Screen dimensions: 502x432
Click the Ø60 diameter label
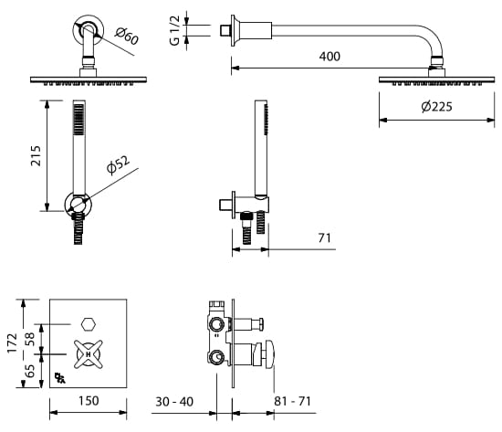tap(127, 37)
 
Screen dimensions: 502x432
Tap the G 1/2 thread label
tap(174, 30)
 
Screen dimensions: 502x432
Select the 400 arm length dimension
tap(329, 57)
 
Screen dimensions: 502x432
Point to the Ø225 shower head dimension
tap(436, 106)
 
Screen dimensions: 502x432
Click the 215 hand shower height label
tap(37, 156)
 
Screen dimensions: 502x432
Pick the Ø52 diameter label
tap(119, 165)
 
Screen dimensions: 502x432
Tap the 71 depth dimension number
tap(324, 238)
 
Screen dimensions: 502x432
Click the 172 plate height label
tap(13, 342)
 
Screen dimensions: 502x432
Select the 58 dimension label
tap(29, 339)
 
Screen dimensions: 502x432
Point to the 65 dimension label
tap(29, 372)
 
